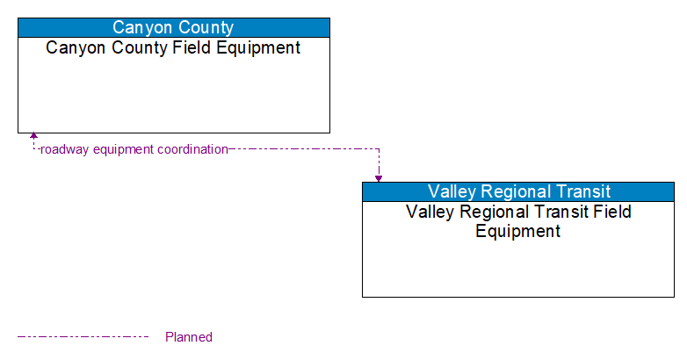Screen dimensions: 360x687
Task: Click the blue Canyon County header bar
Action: point(174,27)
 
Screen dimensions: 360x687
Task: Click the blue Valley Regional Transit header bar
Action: point(518,191)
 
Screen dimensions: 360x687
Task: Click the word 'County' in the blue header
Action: point(206,27)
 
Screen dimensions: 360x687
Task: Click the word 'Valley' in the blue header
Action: point(450,191)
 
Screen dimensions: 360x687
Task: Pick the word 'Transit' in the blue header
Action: point(582,191)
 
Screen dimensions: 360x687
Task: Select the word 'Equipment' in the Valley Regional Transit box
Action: point(518,232)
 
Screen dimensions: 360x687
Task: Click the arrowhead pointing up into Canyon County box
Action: point(33,137)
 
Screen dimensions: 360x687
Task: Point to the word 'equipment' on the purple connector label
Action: point(122,149)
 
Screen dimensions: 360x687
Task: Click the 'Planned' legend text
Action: point(189,337)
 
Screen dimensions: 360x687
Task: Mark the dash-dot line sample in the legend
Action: point(83,336)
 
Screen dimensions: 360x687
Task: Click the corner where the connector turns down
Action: point(379,149)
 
